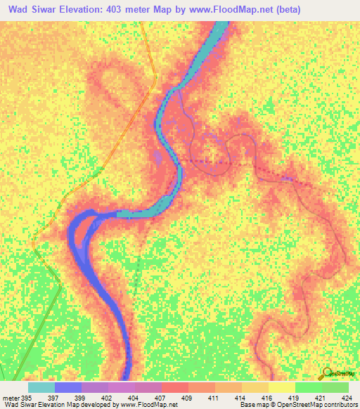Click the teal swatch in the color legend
tap(41, 387)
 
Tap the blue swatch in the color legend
tap(68, 387)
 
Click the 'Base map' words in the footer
tap(254, 405)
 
